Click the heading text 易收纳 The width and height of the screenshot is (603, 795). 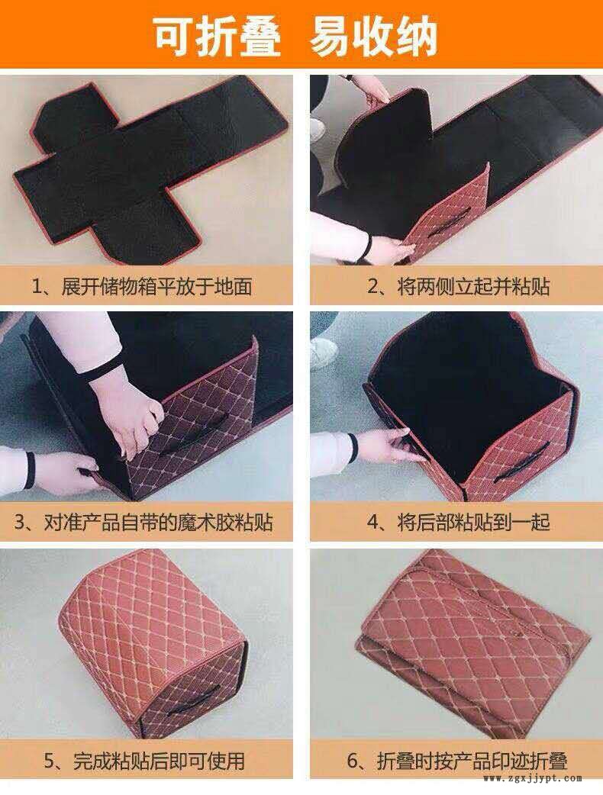coord(374,37)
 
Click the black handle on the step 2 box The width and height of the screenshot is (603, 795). coord(445,229)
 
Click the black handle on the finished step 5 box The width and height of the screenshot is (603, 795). coord(192,700)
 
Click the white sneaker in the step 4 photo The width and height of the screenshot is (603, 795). coord(323,352)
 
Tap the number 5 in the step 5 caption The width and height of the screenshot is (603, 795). coord(49,761)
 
